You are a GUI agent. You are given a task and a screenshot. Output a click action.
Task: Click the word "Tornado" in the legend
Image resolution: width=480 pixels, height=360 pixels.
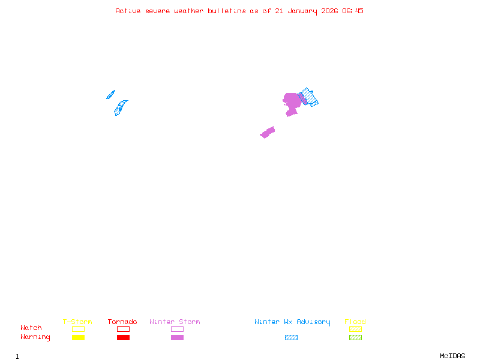122,322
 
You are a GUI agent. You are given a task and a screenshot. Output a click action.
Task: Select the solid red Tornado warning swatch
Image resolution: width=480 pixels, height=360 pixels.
123,338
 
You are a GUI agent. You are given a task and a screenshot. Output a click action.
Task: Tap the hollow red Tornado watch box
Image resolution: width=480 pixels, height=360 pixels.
123,329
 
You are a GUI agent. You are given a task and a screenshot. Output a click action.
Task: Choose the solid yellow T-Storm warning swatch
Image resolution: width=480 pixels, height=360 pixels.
78,338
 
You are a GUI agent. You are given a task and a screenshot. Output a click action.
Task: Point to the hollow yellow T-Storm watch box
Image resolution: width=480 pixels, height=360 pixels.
78,329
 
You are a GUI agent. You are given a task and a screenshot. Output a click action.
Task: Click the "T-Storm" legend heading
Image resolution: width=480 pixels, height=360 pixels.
77,322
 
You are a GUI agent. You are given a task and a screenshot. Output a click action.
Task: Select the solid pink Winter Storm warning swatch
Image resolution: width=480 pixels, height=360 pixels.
177,338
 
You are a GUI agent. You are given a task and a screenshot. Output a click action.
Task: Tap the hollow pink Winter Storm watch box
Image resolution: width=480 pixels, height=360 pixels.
177,329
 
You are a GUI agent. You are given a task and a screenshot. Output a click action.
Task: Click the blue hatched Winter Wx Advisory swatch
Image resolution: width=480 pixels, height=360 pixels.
291,338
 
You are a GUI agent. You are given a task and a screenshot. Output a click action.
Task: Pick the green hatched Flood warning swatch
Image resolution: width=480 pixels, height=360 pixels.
355,338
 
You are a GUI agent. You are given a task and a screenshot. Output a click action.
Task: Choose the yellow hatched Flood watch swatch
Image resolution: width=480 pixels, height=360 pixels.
355,329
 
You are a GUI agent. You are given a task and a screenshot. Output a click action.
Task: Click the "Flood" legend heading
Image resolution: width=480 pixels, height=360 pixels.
355,322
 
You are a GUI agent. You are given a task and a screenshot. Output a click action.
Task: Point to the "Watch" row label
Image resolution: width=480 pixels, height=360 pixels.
31,328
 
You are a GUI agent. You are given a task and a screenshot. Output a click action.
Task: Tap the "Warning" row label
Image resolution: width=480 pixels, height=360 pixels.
35,337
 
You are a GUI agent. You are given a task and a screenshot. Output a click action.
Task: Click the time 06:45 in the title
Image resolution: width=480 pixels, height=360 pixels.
353,11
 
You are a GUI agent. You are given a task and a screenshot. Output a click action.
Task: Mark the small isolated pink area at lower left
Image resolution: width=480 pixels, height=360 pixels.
268,132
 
